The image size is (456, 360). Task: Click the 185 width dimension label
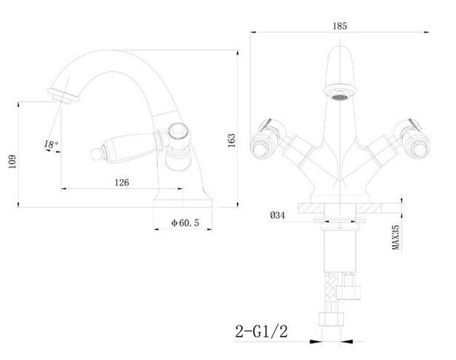point(340,26)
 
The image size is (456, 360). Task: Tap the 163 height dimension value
point(231,140)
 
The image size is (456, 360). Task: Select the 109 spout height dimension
point(12,161)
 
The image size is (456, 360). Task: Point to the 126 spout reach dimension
point(122,183)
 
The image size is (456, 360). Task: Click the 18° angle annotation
point(51,144)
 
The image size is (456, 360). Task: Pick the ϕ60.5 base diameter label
point(185,223)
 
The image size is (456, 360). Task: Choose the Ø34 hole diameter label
point(277,215)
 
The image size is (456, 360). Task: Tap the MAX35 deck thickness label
point(396,237)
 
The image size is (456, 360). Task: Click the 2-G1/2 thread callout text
point(261,331)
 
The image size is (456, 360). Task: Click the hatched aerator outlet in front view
point(340,97)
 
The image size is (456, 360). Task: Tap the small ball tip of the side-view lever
point(95,154)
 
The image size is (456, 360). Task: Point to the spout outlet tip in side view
point(63,97)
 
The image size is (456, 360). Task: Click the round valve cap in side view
point(177,132)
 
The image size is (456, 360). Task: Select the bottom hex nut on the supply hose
point(331,319)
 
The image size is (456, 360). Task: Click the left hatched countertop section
point(311,208)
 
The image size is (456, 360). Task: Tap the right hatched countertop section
point(369,208)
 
